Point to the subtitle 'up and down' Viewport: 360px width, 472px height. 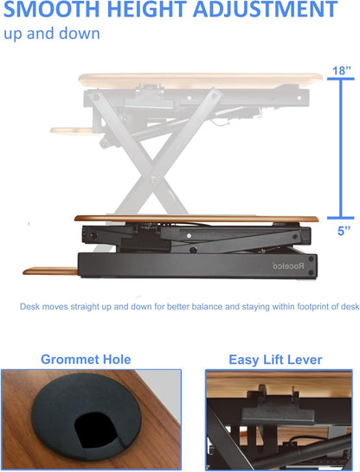pyautogui.click(x=51, y=34)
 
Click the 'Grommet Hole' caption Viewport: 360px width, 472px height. pyautogui.click(x=86, y=359)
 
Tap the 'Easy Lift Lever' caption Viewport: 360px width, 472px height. pyautogui.click(x=274, y=359)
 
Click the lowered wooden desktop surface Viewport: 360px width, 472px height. pyautogui.click(x=199, y=218)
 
